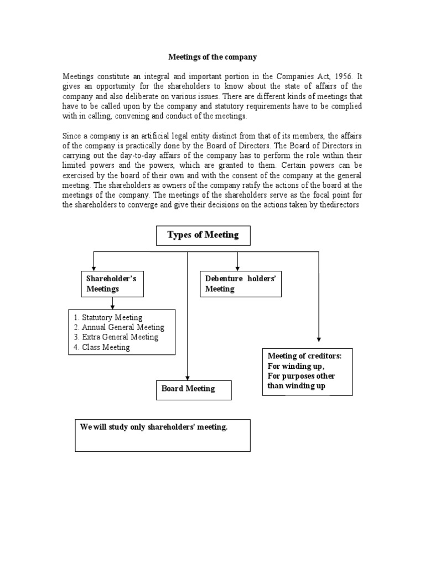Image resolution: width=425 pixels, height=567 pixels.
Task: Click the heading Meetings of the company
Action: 213,56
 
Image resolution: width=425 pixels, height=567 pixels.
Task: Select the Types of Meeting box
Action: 203,235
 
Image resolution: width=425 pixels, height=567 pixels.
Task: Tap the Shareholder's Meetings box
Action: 113,283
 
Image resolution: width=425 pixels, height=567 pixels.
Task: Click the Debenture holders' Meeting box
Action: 240,283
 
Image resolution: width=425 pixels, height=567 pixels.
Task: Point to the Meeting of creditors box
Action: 307,371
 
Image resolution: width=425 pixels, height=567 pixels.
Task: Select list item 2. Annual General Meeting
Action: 118,327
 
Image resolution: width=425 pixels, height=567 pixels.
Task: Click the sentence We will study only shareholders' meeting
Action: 154,427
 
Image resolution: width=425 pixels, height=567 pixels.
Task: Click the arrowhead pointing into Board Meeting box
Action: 188,377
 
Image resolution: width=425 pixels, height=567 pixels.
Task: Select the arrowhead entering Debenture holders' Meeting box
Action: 237,267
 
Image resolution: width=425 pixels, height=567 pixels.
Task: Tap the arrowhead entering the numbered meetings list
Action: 113,306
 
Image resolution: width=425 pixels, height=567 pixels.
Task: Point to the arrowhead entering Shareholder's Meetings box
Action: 94,267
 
